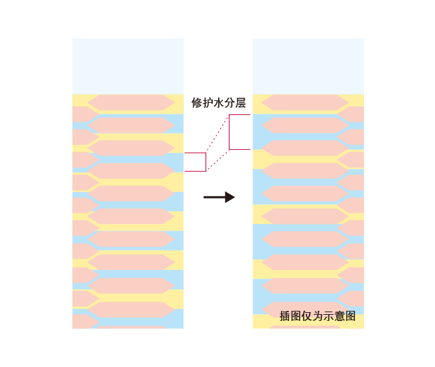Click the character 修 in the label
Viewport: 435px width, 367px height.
(196, 103)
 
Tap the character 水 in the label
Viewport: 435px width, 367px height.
(219, 103)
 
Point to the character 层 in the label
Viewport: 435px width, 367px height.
(240, 103)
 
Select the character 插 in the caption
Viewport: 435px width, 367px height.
(284, 316)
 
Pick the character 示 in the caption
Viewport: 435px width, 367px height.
(329, 316)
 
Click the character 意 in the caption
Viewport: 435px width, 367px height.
(339, 316)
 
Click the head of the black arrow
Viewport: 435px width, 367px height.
(230, 197)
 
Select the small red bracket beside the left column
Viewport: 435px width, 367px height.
(205, 162)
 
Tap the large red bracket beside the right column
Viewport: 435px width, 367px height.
(229, 132)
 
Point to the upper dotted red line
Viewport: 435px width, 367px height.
(217, 133)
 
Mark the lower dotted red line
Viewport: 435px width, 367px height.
(218, 160)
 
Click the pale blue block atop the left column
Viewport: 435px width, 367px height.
(128, 66)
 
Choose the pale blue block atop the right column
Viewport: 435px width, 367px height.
(309, 66)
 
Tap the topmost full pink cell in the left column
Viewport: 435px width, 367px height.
(131, 102)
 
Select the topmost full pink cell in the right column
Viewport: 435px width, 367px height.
(305, 102)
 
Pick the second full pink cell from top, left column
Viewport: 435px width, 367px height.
(131, 125)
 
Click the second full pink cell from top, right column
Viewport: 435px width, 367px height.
(305, 125)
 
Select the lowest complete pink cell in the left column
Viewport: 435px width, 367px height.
(131, 310)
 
